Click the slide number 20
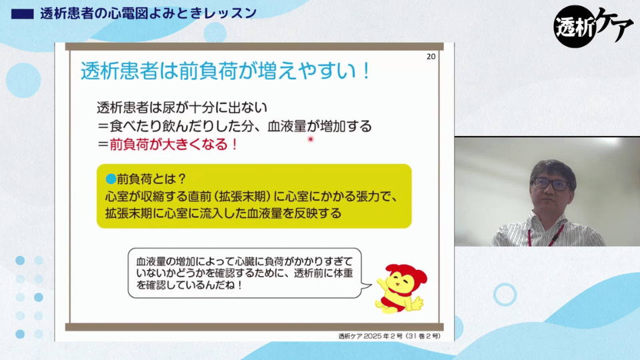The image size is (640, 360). click(431, 57)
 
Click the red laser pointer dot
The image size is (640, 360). click(311, 139)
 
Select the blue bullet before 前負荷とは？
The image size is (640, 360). click(111, 179)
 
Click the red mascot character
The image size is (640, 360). click(401, 288)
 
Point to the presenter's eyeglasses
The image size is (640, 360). click(551, 184)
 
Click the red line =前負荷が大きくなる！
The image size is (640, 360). click(168, 145)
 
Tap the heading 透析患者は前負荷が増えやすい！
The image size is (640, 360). click(226, 71)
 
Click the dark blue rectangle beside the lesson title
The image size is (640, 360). click(23, 14)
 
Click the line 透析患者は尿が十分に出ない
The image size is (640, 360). click(182, 107)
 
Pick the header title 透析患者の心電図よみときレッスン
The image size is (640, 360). click(149, 13)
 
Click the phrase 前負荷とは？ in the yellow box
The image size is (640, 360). click(151, 179)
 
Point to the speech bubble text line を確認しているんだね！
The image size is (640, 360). click(190, 285)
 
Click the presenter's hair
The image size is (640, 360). click(553, 169)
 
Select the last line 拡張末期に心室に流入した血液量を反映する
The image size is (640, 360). click(223, 213)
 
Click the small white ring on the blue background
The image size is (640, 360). click(505, 294)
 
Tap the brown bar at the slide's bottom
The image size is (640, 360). click(254, 327)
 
